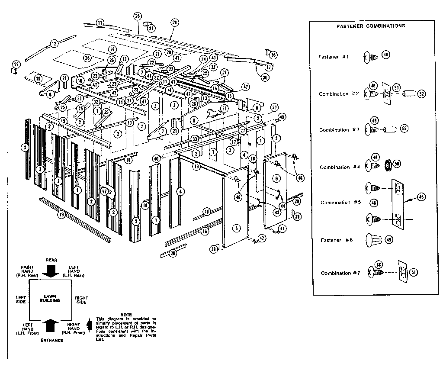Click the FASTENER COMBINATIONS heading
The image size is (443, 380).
click(x=371, y=26)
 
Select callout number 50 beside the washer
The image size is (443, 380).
click(x=396, y=164)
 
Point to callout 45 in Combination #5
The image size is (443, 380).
click(x=421, y=196)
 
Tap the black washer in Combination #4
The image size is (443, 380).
click(x=387, y=164)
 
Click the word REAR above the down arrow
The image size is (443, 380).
click(x=52, y=259)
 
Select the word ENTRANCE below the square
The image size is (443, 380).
click(x=52, y=340)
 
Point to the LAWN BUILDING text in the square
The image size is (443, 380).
click(x=51, y=298)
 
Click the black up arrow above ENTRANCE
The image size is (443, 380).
click(x=52, y=326)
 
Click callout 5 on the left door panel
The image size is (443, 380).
click(x=236, y=227)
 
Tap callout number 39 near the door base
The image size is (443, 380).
click(x=213, y=249)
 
